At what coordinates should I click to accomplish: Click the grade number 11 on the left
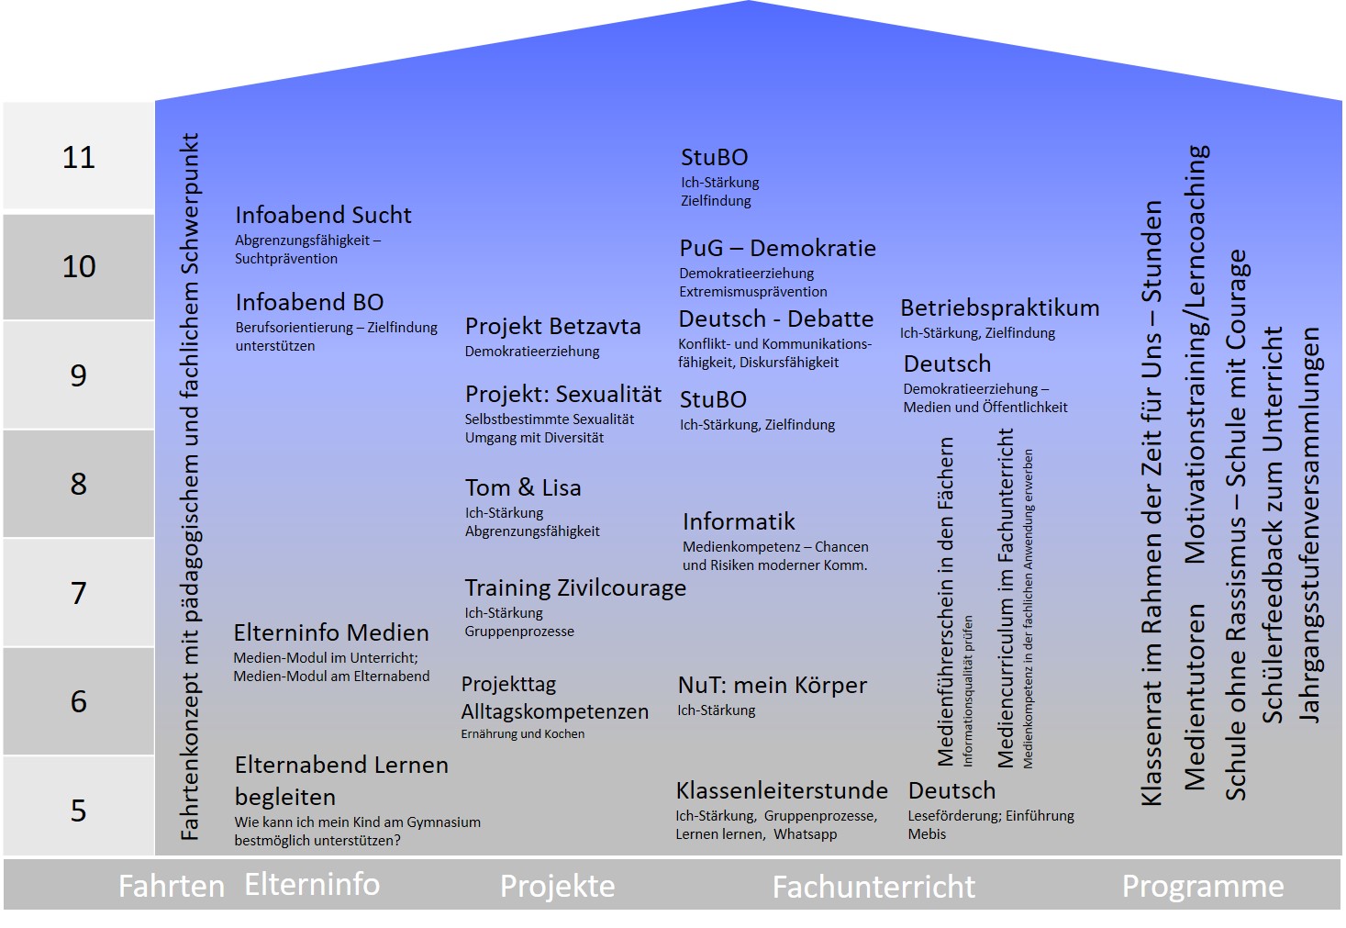(x=79, y=157)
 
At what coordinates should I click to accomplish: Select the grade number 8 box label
(x=79, y=484)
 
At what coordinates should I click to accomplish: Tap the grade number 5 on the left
(x=79, y=811)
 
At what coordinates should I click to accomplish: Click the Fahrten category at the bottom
(x=172, y=886)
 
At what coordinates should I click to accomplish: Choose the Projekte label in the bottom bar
(x=557, y=886)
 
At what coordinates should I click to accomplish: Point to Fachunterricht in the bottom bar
(x=873, y=887)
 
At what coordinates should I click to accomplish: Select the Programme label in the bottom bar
(x=1203, y=886)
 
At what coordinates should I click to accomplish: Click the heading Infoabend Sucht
(x=323, y=216)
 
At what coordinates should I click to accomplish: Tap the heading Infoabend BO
(x=309, y=303)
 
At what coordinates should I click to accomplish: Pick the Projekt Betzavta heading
(x=552, y=327)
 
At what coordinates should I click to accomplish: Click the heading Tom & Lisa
(x=523, y=487)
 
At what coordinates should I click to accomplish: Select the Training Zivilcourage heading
(x=575, y=587)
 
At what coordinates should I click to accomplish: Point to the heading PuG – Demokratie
(x=777, y=249)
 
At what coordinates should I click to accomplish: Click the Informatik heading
(x=739, y=522)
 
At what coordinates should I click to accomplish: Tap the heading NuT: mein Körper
(x=772, y=685)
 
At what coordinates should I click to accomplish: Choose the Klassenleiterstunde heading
(x=782, y=790)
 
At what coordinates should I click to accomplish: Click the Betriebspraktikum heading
(x=999, y=308)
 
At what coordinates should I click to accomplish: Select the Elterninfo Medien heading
(x=331, y=632)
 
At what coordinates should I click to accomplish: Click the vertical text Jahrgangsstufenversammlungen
(x=1310, y=525)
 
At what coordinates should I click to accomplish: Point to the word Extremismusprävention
(x=752, y=292)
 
